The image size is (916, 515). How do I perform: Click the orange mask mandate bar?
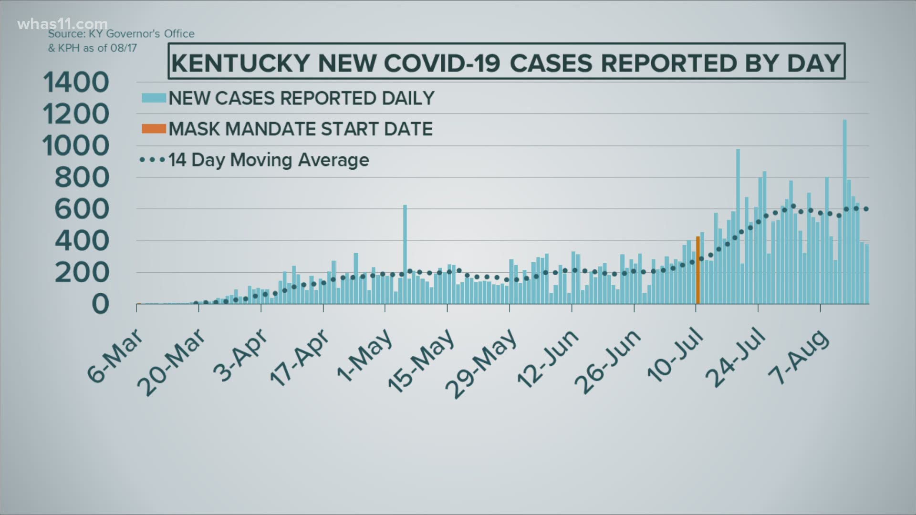click(x=697, y=270)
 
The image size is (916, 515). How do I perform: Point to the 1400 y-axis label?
click(x=76, y=82)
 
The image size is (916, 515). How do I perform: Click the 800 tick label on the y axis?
click(x=82, y=178)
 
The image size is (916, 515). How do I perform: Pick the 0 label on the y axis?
click(x=100, y=304)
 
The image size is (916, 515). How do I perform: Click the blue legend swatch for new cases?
click(x=154, y=98)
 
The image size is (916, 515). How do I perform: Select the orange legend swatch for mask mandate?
click(x=154, y=129)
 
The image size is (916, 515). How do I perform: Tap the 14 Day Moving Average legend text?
click(x=269, y=160)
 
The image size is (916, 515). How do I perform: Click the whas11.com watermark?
click(x=62, y=24)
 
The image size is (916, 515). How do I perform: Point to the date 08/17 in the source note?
click(x=124, y=49)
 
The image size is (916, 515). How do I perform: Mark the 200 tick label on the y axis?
click(x=82, y=273)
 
